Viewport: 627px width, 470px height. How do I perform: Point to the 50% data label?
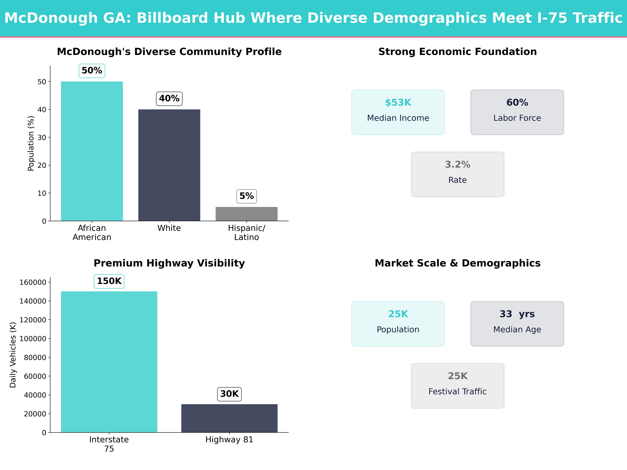92,70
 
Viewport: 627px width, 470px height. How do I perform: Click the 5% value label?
246,196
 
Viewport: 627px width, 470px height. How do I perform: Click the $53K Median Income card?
398,112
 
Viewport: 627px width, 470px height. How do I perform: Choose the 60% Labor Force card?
517,112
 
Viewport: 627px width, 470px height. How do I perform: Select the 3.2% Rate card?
457,174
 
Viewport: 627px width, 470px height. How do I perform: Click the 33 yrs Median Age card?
517,324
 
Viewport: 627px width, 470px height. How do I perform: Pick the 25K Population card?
398,324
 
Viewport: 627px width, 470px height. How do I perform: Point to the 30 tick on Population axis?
42,137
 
